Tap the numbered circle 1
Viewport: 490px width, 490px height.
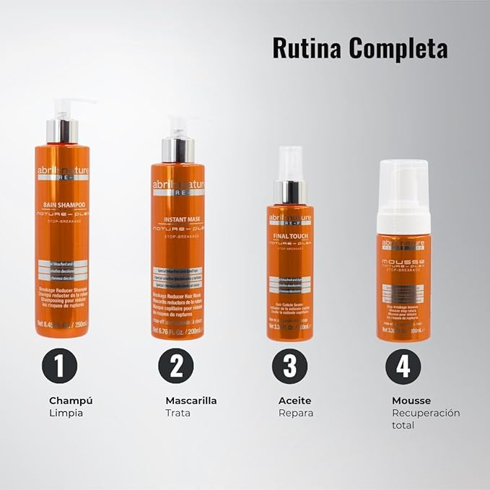(60, 366)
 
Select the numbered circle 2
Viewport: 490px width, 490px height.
(176, 366)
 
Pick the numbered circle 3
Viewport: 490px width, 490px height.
(289, 366)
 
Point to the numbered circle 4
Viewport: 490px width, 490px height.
(403, 366)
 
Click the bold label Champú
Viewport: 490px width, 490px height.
(71, 401)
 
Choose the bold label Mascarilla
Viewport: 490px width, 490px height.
(191, 401)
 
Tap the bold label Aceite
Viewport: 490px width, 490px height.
(294, 401)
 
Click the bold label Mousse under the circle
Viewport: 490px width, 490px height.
(411, 401)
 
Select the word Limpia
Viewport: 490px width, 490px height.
(66, 414)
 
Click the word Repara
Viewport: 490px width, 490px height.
(296, 414)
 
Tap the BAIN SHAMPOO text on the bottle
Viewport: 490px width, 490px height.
(62, 206)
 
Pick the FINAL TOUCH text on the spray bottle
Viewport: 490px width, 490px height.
(289, 235)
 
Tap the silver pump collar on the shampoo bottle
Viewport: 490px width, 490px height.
(62, 131)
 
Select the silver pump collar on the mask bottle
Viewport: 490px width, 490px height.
(178, 150)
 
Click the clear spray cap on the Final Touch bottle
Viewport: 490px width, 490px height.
(289, 164)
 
